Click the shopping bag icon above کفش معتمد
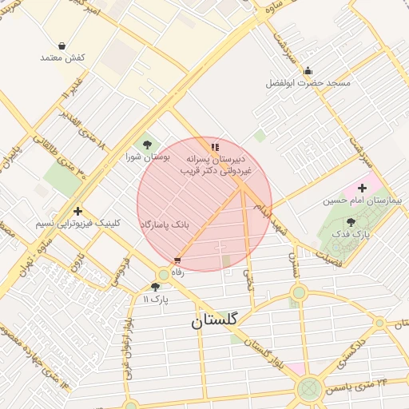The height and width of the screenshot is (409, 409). click(x=62, y=46)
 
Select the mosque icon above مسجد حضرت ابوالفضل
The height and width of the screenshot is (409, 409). click(x=308, y=71)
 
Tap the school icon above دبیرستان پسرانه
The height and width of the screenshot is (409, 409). click(x=214, y=147)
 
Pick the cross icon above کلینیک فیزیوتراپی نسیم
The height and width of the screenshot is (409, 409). click(x=77, y=211)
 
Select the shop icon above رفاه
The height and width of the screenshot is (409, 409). click(x=177, y=260)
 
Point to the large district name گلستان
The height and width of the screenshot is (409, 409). click(x=214, y=320)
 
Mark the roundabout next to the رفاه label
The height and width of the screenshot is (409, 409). click(x=164, y=274)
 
